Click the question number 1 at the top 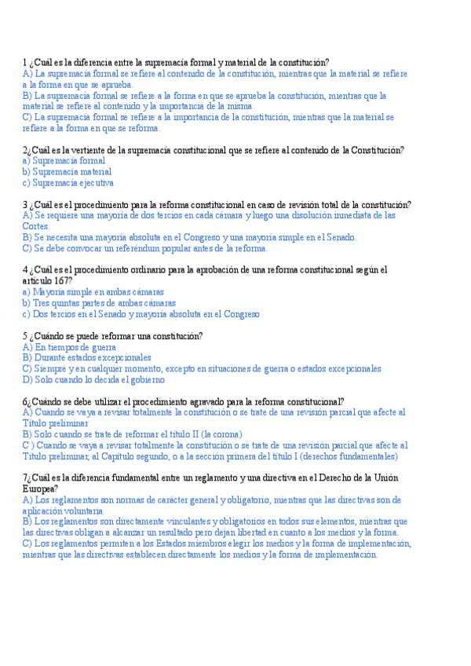(25, 62)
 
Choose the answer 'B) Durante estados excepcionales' (86, 357)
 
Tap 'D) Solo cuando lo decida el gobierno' (93, 379)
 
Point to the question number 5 (25, 335)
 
